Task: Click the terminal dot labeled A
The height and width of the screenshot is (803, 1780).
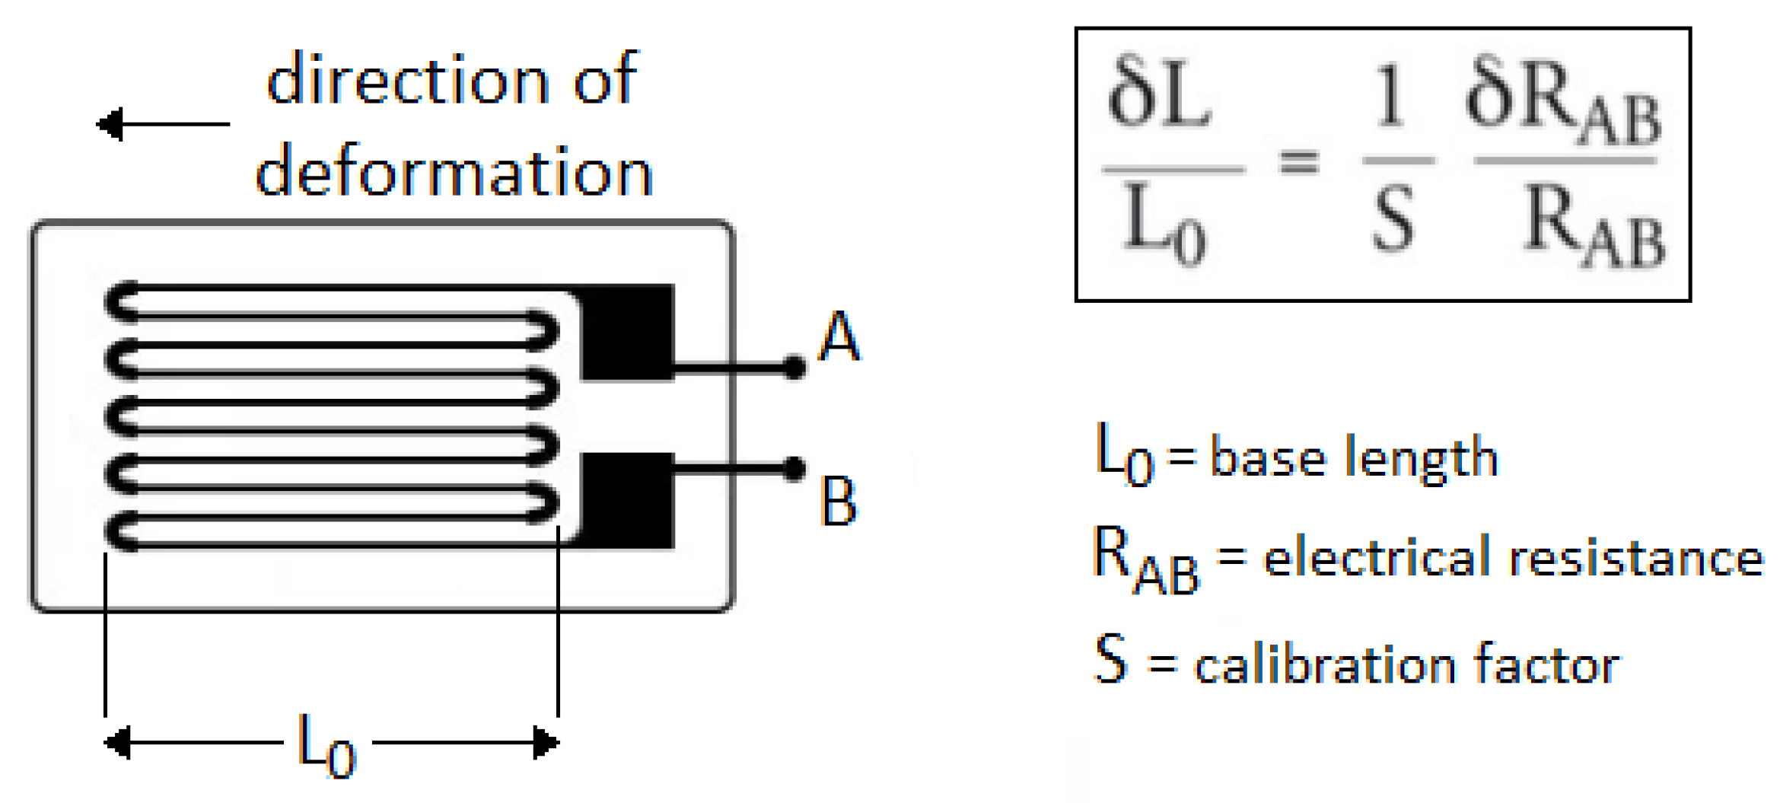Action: (x=794, y=368)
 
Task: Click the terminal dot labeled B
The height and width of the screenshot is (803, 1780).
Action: (x=794, y=469)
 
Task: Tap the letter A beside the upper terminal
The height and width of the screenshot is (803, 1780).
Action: (x=839, y=336)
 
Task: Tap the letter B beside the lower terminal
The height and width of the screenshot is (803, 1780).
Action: (x=839, y=502)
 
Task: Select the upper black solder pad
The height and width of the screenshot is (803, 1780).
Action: (x=627, y=332)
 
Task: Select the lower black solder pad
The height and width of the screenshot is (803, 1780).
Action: (x=627, y=500)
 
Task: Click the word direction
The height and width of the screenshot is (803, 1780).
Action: (x=407, y=80)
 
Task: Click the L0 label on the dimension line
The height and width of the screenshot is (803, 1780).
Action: (x=326, y=744)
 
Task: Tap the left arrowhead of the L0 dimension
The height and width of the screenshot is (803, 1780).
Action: (x=117, y=743)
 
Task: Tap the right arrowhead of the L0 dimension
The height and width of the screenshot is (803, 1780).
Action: (x=546, y=743)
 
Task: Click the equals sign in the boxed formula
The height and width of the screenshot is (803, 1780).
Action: (x=1299, y=161)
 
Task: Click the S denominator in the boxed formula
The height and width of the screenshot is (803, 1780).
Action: (x=1393, y=221)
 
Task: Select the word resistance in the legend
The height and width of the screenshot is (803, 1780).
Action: (x=1635, y=558)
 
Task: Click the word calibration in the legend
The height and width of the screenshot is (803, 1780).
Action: (x=1324, y=664)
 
